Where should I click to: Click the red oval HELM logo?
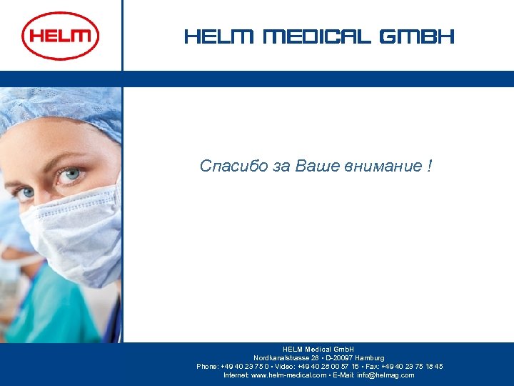61,36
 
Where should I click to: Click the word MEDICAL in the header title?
317,36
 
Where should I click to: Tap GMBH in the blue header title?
417,36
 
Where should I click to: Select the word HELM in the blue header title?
219,36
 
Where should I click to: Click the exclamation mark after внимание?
428,167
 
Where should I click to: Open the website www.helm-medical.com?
289,375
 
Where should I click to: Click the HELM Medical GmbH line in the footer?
318,349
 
